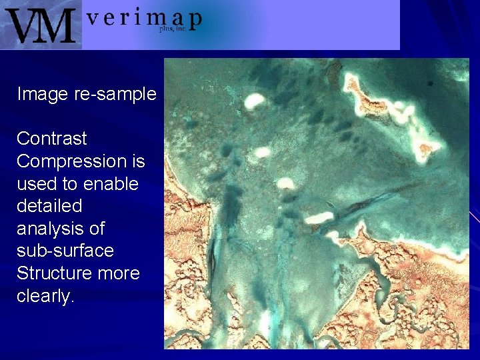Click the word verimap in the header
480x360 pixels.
pos(143,19)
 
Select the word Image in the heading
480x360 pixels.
pos(43,94)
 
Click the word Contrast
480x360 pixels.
pos(52,139)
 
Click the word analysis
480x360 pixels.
pos(52,229)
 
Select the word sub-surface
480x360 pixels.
pos(65,251)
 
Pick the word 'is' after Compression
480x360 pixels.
pos(139,161)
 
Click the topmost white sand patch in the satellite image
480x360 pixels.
pos(254,101)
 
